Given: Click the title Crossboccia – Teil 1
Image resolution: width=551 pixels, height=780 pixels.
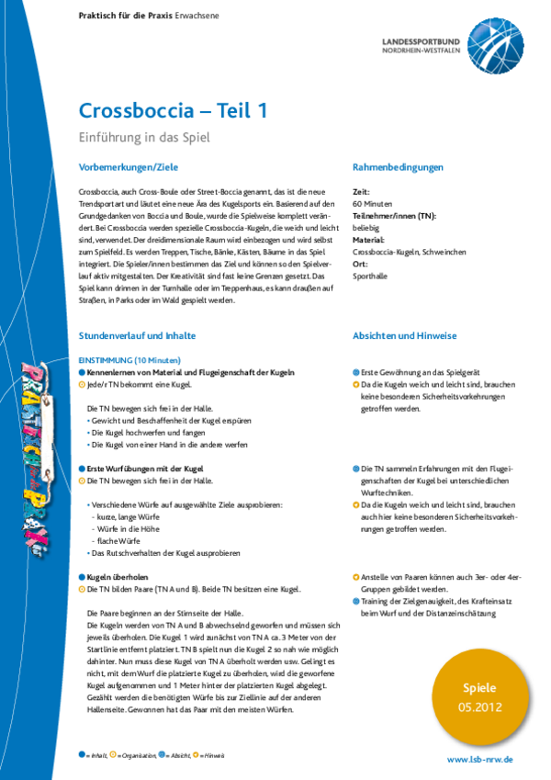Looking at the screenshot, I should [x=174, y=111].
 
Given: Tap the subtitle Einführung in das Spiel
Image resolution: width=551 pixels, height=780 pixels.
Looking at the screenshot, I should [x=145, y=138].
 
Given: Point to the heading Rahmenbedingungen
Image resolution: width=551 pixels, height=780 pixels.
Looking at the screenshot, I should [x=398, y=167].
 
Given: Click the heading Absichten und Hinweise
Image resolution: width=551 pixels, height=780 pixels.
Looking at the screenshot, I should [x=404, y=336].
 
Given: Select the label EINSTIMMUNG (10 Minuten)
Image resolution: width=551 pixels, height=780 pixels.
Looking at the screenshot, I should [x=129, y=359].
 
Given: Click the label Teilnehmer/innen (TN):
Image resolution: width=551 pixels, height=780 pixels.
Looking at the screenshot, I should [x=394, y=215].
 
